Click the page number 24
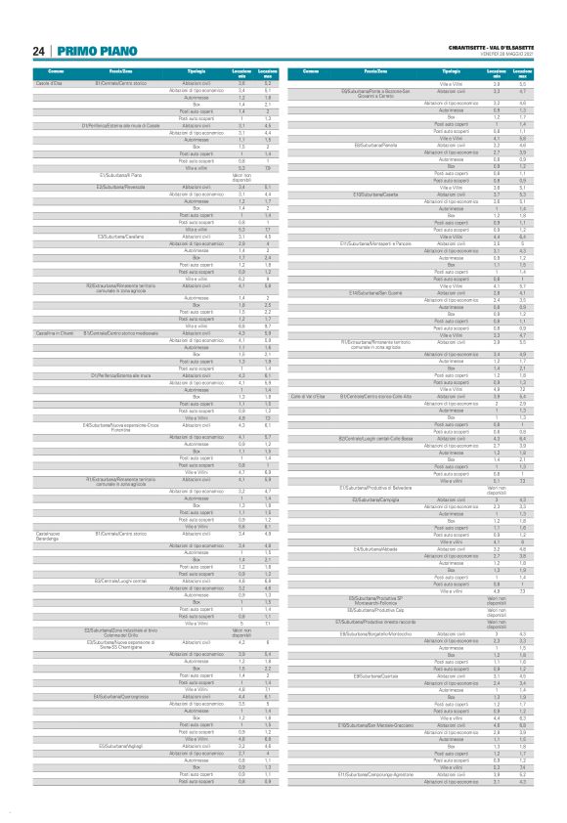tap(37, 50)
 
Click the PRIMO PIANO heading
tap(89, 50)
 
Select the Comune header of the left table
tap(57, 73)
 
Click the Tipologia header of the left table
tap(196, 73)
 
